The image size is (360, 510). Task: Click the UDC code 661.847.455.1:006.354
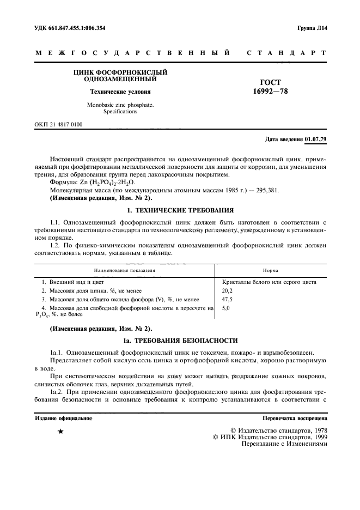pyautogui.click(x=77, y=27)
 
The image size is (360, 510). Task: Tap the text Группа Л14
pyautogui.click(x=312, y=27)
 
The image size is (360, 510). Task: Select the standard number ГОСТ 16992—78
pyautogui.click(x=271, y=87)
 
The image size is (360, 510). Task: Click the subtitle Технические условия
pyautogui.click(x=120, y=92)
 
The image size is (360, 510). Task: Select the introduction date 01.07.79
pyautogui.click(x=316, y=139)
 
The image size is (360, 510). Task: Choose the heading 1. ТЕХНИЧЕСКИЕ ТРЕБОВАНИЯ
pyautogui.click(x=180, y=210)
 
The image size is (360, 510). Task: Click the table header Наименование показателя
pyautogui.click(x=125, y=269)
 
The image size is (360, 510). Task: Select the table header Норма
pyautogui.click(x=271, y=269)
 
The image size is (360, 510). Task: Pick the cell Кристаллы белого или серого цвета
pyautogui.click(x=270, y=282)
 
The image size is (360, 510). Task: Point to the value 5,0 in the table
pyautogui.click(x=227, y=308)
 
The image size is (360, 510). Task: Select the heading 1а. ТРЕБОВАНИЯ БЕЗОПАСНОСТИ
pyautogui.click(x=180, y=341)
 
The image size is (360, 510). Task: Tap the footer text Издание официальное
pyautogui.click(x=63, y=419)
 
